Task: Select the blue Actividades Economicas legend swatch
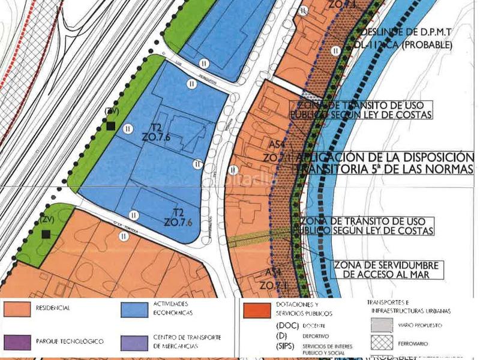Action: click(x=134, y=309)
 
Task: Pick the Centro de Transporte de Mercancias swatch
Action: click(x=134, y=342)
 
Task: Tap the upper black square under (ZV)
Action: click(x=110, y=125)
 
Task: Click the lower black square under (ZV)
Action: click(x=44, y=234)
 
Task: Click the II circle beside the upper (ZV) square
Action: click(x=127, y=128)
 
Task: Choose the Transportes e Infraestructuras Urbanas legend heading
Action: click(x=408, y=306)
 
